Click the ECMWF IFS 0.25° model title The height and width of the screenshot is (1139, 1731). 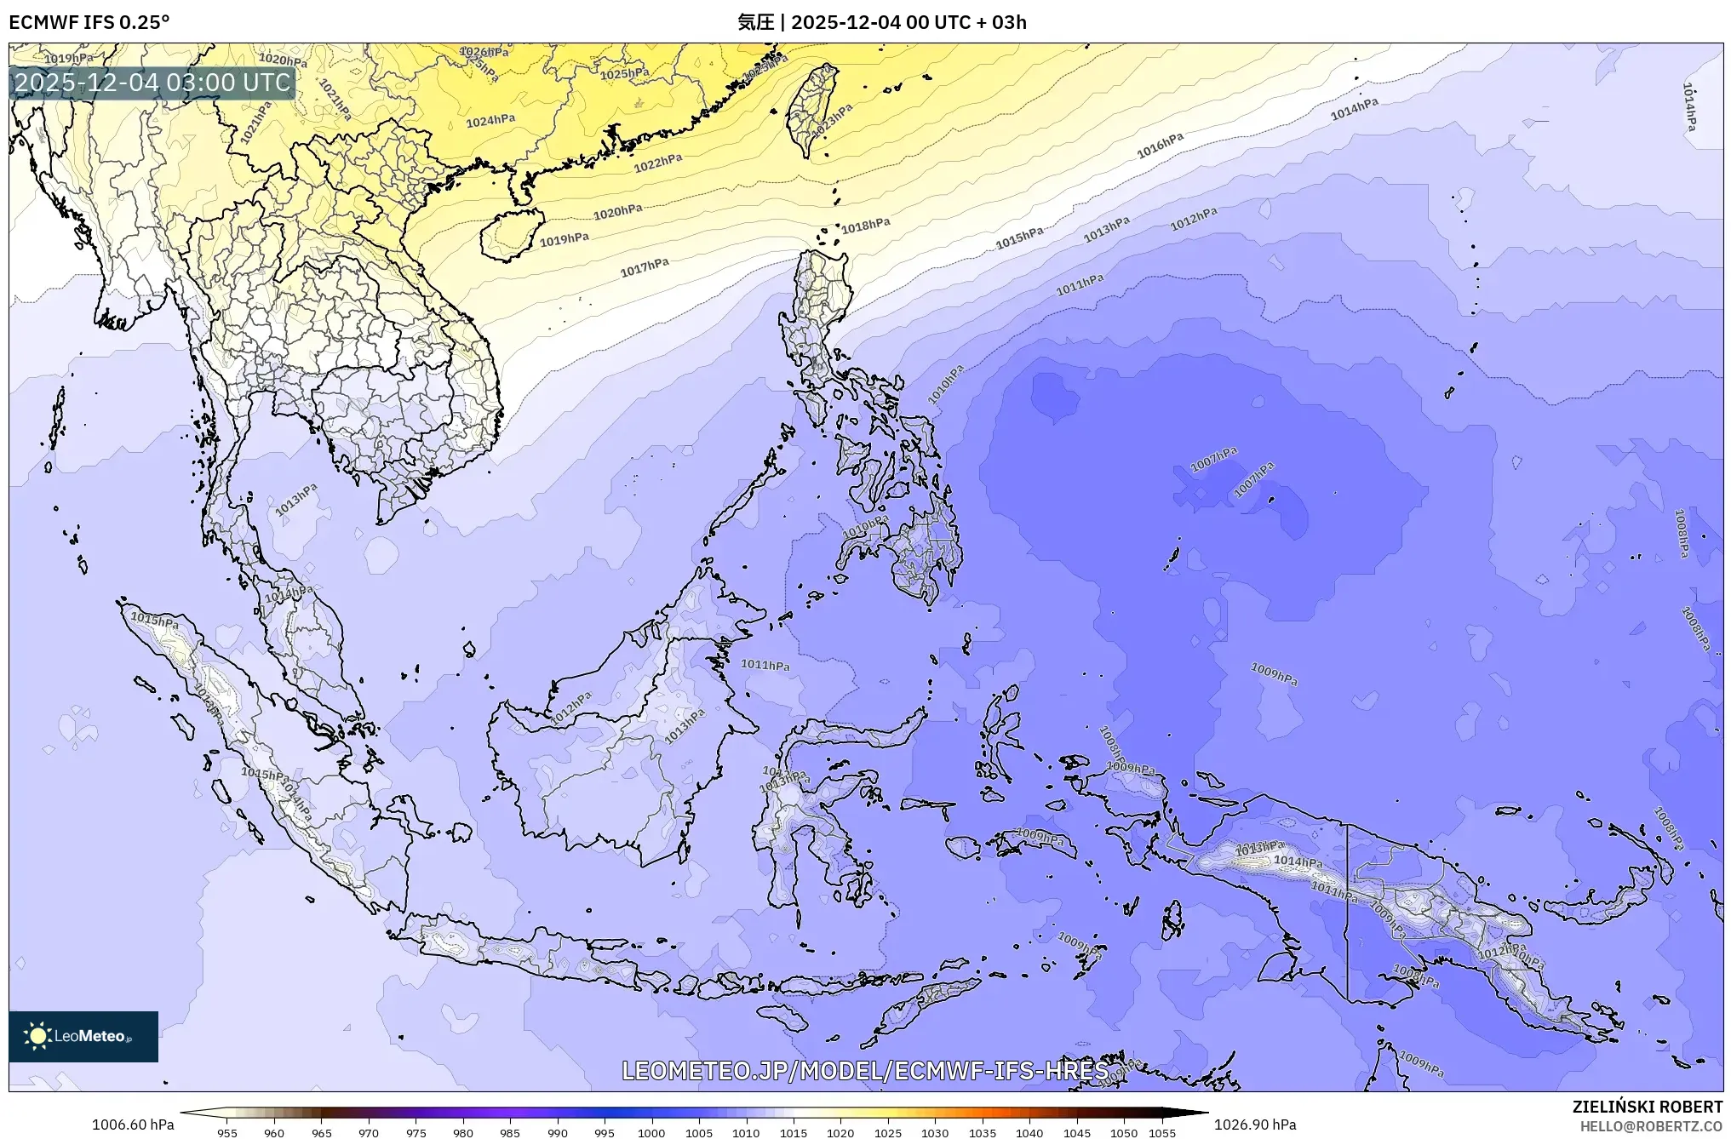click(x=89, y=22)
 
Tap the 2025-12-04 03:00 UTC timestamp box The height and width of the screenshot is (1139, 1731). click(x=153, y=83)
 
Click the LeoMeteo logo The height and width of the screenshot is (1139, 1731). click(x=83, y=1036)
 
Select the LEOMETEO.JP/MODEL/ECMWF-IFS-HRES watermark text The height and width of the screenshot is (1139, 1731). click(x=865, y=1071)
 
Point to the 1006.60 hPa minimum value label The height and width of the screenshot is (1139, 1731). click(x=133, y=1125)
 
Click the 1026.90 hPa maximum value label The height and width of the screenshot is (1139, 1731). click(x=1255, y=1125)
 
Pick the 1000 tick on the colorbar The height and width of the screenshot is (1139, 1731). click(x=651, y=1133)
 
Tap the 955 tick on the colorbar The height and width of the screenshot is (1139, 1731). click(x=227, y=1133)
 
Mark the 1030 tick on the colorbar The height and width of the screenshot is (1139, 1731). click(x=935, y=1133)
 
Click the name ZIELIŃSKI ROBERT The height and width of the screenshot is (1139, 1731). click(x=1648, y=1107)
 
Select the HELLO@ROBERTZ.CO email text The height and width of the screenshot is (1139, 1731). click(x=1652, y=1126)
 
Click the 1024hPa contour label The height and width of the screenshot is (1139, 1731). click(x=490, y=121)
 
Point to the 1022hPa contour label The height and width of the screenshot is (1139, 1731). click(x=658, y=163)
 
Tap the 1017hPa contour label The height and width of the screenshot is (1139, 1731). click(x=645, y=268)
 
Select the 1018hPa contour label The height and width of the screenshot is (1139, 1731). click(x=866, y=226)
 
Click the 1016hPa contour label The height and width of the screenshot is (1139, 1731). click(x=1161, y=146)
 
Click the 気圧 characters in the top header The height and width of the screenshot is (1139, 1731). click(x=755, y=22)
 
